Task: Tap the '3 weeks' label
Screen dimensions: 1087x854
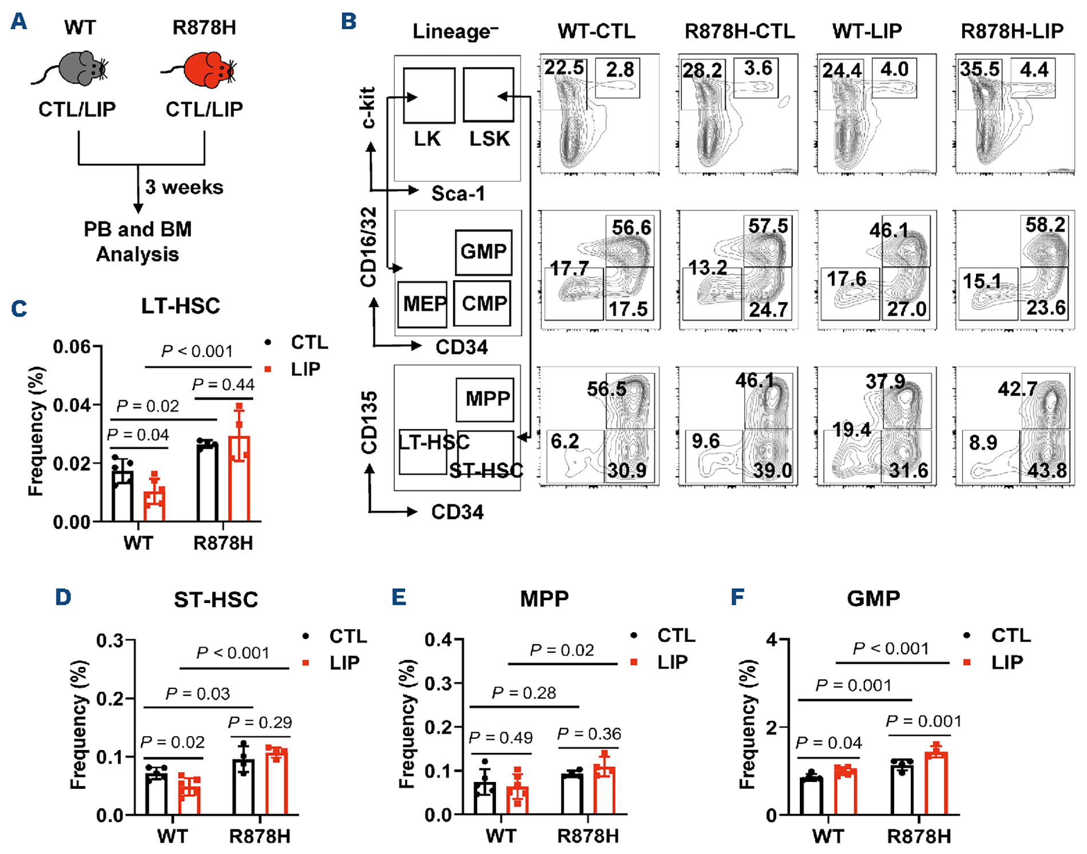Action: click(184, 187)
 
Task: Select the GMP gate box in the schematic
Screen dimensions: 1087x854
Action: click(483, 252)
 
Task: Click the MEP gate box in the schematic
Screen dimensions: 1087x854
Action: click(422, 304)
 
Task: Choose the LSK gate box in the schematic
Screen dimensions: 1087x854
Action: click(489, 95)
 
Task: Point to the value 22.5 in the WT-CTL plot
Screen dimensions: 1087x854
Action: click(564, 67)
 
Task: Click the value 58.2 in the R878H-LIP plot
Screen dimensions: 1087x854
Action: click(1045, 225)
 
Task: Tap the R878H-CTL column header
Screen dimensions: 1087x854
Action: click(740, 31)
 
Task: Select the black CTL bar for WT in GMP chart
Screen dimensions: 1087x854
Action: click(811, 796)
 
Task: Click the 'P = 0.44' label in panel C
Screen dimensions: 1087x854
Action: click(223, 384)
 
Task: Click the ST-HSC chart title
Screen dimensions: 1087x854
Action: click(216, 600)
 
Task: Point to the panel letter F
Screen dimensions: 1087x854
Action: click(737, 597)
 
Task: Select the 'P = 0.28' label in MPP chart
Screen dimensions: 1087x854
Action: click(524, 693)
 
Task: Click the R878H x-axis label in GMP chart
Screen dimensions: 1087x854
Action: click(919, 836)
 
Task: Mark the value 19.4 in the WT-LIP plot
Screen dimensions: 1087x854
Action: click(851, 429)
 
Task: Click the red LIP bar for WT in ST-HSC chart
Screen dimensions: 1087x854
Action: click(189, 796)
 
